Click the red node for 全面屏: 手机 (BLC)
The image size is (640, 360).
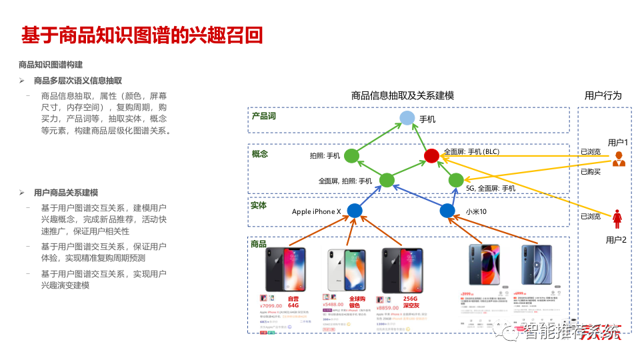(431, 155)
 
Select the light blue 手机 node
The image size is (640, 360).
(407, 119)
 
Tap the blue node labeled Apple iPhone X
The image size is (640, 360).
(355, 211)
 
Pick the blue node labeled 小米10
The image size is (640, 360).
(447, 211)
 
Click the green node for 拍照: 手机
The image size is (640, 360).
(351, 156)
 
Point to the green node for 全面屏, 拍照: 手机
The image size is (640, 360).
(387, 180)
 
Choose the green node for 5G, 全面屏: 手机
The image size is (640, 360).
(456, 180)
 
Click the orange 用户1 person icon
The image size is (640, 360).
(618, 159)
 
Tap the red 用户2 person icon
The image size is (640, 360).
(617, 217)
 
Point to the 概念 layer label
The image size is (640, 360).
(259, 154)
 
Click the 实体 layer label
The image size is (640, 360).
(259, 205)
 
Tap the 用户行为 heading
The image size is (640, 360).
(603, 95)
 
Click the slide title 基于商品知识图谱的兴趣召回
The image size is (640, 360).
(142, 35)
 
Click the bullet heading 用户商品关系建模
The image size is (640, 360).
(66, 193)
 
